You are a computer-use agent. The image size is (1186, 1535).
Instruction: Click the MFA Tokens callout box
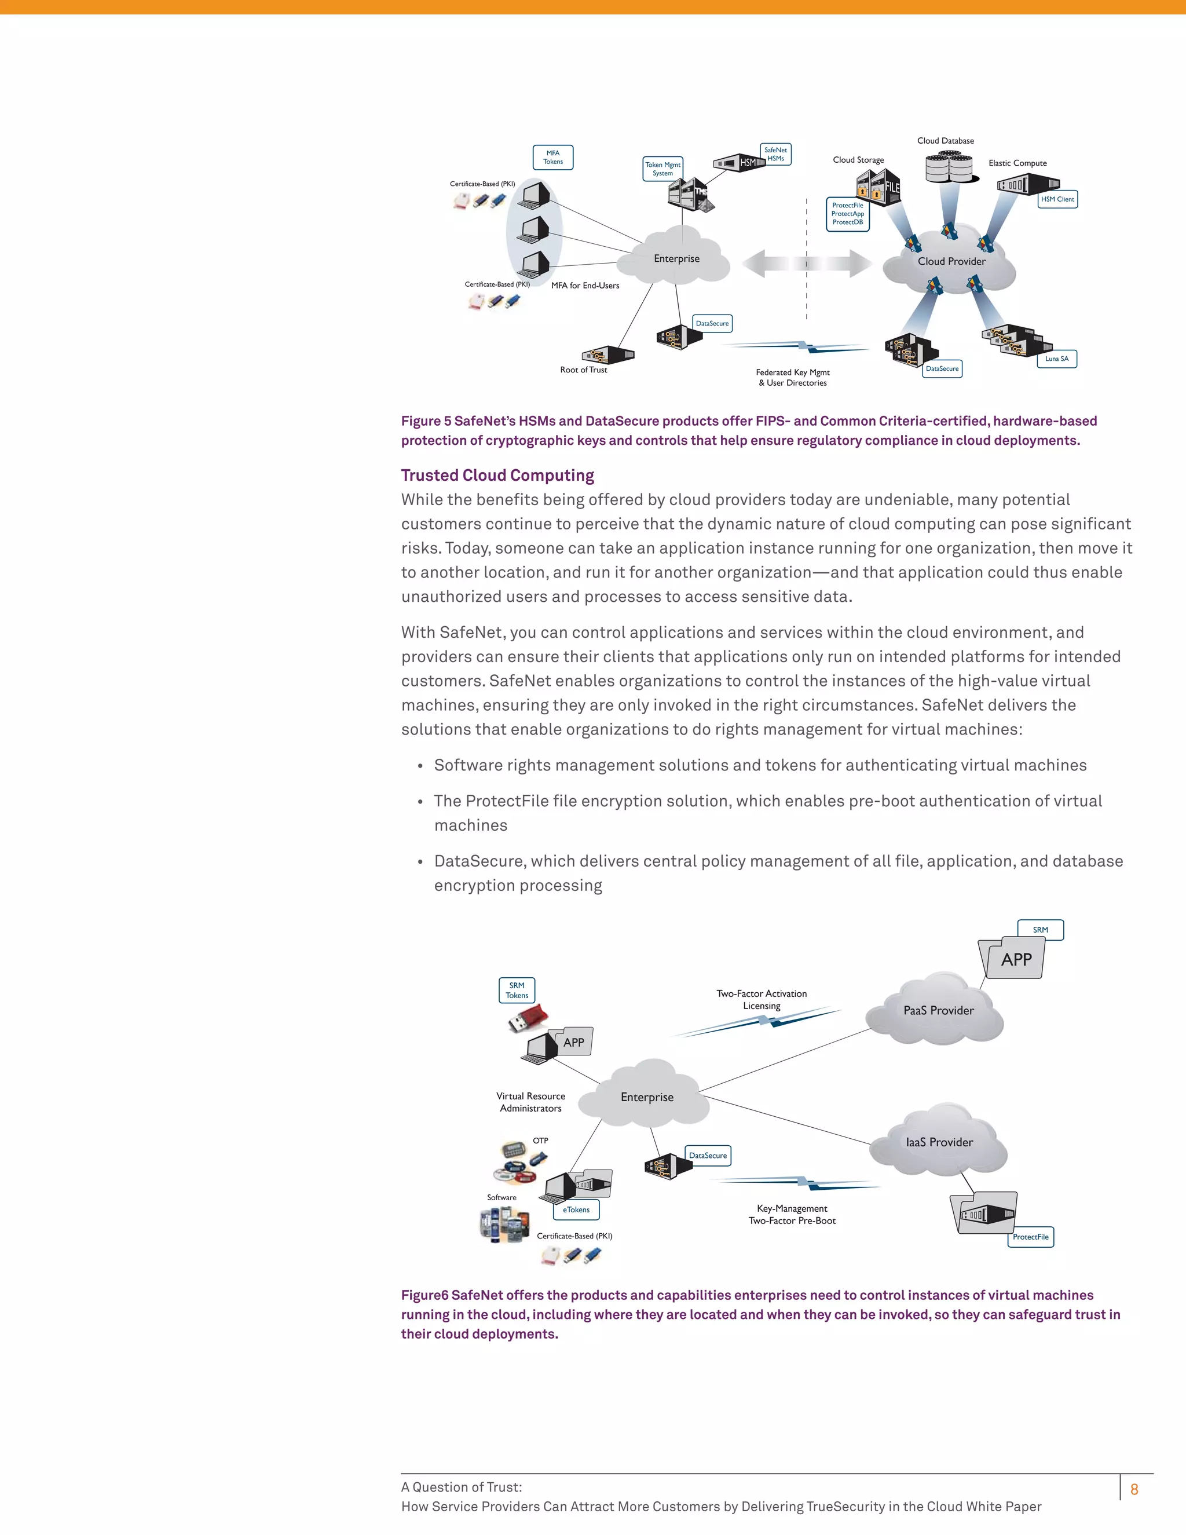coord(553,158)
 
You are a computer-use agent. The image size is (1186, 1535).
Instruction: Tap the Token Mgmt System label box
coord(662,169)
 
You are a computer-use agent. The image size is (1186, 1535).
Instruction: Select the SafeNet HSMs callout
coord(775,155)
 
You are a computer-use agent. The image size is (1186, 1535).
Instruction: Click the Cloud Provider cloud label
coord(951,261)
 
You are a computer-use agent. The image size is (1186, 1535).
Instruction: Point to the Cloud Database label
coord(945,141)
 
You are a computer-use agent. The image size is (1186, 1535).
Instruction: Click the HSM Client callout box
coord(1057,199)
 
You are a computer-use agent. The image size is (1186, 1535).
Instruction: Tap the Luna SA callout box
coord(1056,359)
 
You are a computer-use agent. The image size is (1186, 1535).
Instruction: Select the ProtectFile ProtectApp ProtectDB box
coord(847,214)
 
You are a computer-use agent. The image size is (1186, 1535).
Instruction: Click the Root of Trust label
coord(583,370)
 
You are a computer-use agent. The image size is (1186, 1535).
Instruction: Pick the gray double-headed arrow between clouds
coord(806,264)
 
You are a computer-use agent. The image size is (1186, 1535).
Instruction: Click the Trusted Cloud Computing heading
coord(497,475)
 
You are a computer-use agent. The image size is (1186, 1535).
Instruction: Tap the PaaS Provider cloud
coord(938,1010)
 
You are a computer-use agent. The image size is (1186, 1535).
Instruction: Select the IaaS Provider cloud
coord(939,1142)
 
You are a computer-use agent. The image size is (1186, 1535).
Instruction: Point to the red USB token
coord(528,1018)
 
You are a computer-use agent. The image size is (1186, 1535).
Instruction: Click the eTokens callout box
coord(576,1209)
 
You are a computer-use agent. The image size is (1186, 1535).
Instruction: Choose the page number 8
coord(1134,1489)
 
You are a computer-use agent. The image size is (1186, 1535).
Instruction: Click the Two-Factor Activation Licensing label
coord(762,999)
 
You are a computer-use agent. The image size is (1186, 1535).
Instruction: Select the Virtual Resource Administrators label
coord(530,1102)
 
